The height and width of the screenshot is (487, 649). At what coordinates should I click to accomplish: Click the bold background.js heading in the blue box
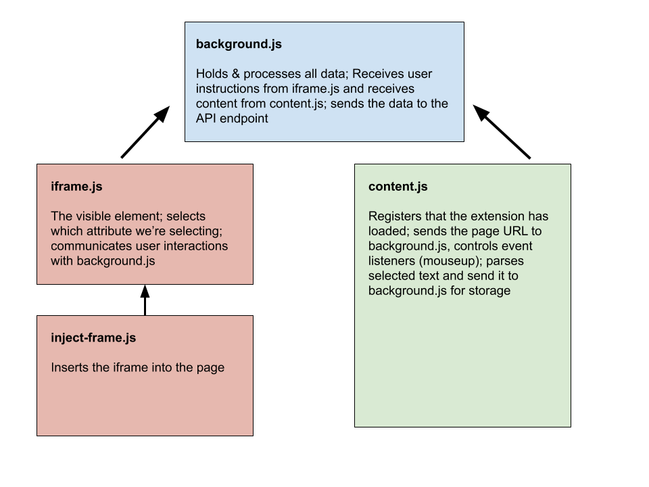(239, 45)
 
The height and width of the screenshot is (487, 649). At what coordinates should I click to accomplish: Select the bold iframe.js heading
(76, 187)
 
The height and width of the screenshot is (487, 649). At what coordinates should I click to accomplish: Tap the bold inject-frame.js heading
(93, 338)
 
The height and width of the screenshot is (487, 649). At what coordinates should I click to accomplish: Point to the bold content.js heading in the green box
(398, 187)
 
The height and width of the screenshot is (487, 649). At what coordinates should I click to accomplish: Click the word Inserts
(71, 368)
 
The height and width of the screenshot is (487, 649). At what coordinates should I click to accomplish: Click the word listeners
(391, 261)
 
